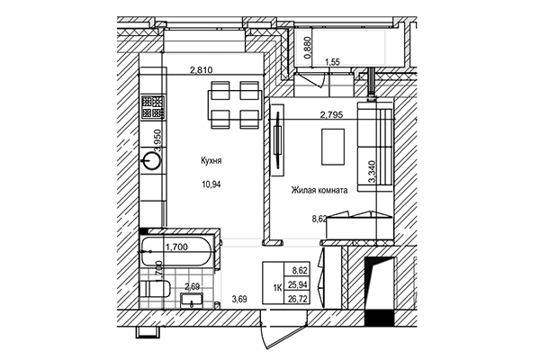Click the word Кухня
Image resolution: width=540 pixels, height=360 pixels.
point(211,161)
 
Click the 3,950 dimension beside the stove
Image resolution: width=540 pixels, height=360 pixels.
point(157,138)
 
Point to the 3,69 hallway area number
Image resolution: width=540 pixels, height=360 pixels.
point(240,299)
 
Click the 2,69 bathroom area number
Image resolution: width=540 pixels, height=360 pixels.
point(192,288)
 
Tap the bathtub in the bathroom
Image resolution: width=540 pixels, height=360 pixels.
point(178,253)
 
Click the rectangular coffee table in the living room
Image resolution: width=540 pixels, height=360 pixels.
point(333,143)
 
